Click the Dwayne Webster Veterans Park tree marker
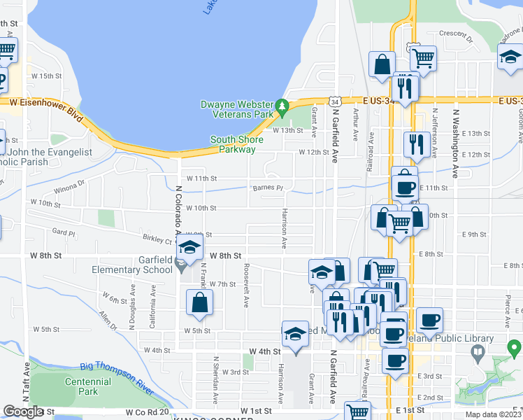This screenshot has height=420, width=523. click(282, 108)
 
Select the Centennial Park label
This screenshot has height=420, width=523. click(88, 386)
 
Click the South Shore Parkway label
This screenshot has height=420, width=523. click(237, 144)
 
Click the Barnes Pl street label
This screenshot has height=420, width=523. click(268, 188)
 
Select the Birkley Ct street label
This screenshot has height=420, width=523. click(157, 239)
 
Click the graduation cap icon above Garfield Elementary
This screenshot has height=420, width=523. click(189, 247)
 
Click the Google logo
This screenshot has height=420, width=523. click(23, 412)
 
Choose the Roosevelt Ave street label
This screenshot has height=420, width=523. click(246, 284)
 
